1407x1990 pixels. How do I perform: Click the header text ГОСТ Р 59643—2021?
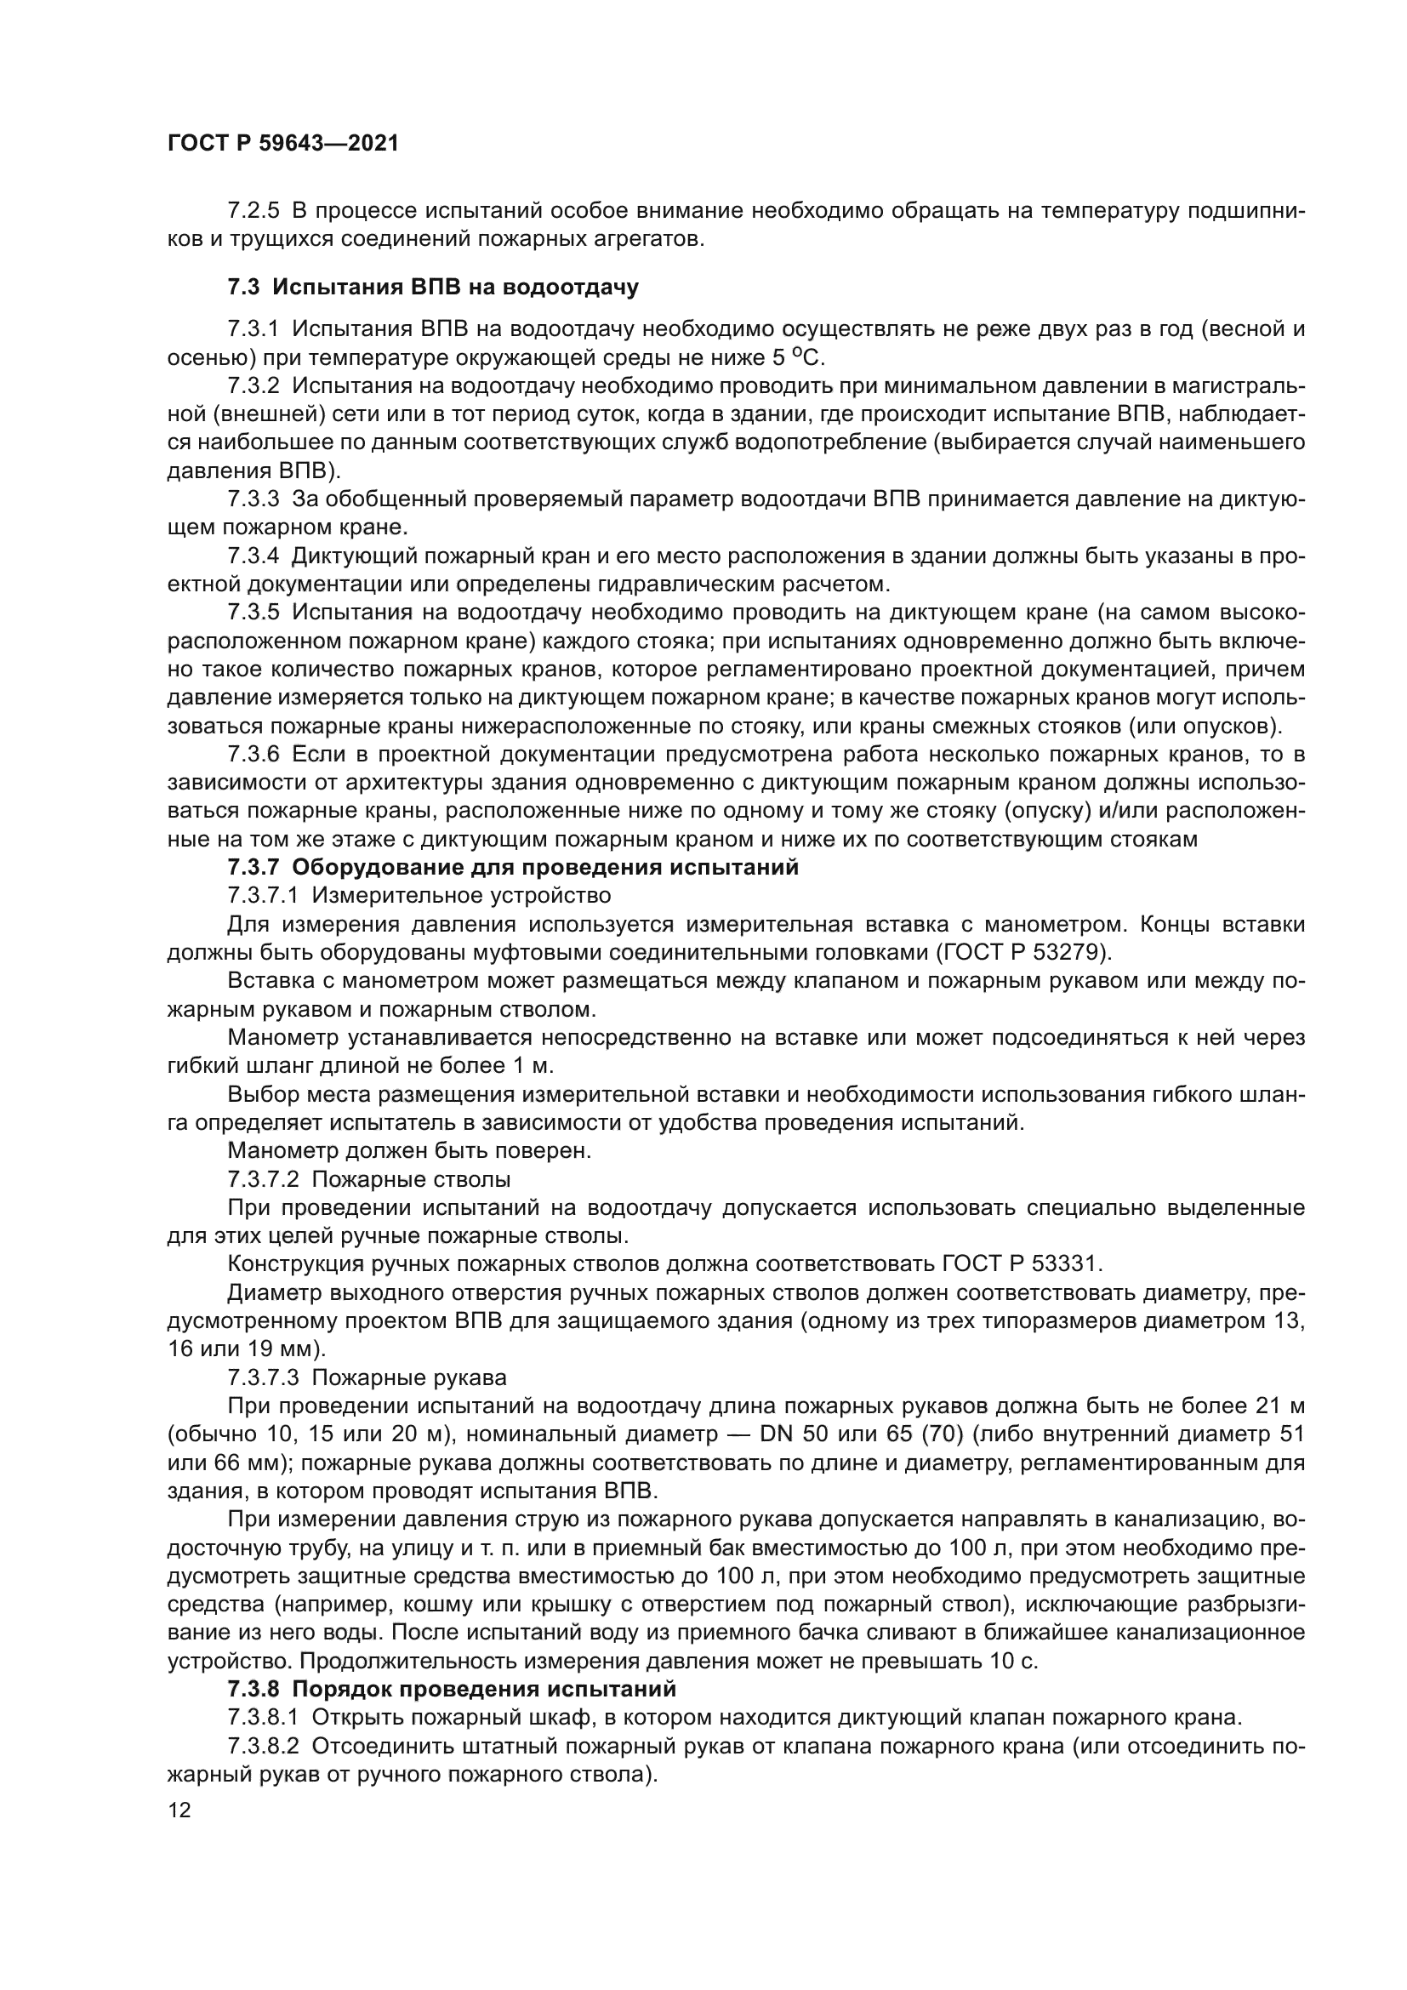[282, 144]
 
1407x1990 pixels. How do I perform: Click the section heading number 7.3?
[245, 287]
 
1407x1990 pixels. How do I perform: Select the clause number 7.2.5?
[253, 211]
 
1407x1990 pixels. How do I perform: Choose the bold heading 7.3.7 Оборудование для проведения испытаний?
[513, 868]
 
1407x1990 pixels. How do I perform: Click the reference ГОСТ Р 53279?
[1022, 953]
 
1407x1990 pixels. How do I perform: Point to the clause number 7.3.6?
[253, 754]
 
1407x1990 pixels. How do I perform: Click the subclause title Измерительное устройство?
[461, 895]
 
